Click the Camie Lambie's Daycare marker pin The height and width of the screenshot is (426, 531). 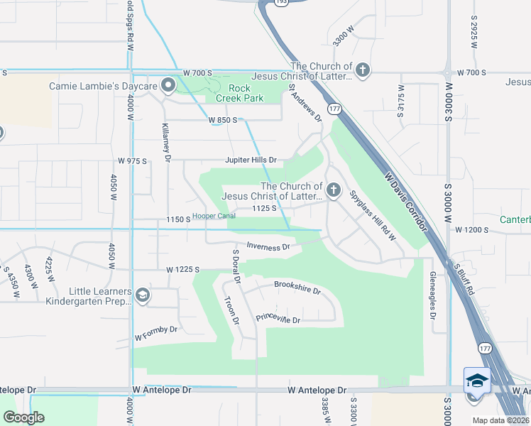[x=168, y=86]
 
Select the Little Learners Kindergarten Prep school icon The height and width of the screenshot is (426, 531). [x=142, y=296]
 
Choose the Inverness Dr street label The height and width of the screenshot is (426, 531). [x=268, y=247]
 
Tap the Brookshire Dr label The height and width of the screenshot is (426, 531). [x=297, y=290]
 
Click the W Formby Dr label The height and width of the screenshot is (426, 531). [x=156, y=329]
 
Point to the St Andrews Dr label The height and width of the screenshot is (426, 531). [x=305, y=104]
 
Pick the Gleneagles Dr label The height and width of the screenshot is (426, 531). [x=432, y=294]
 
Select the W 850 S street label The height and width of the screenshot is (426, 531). [x=222, y=121]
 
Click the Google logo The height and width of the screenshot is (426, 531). [x=23, y=417]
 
